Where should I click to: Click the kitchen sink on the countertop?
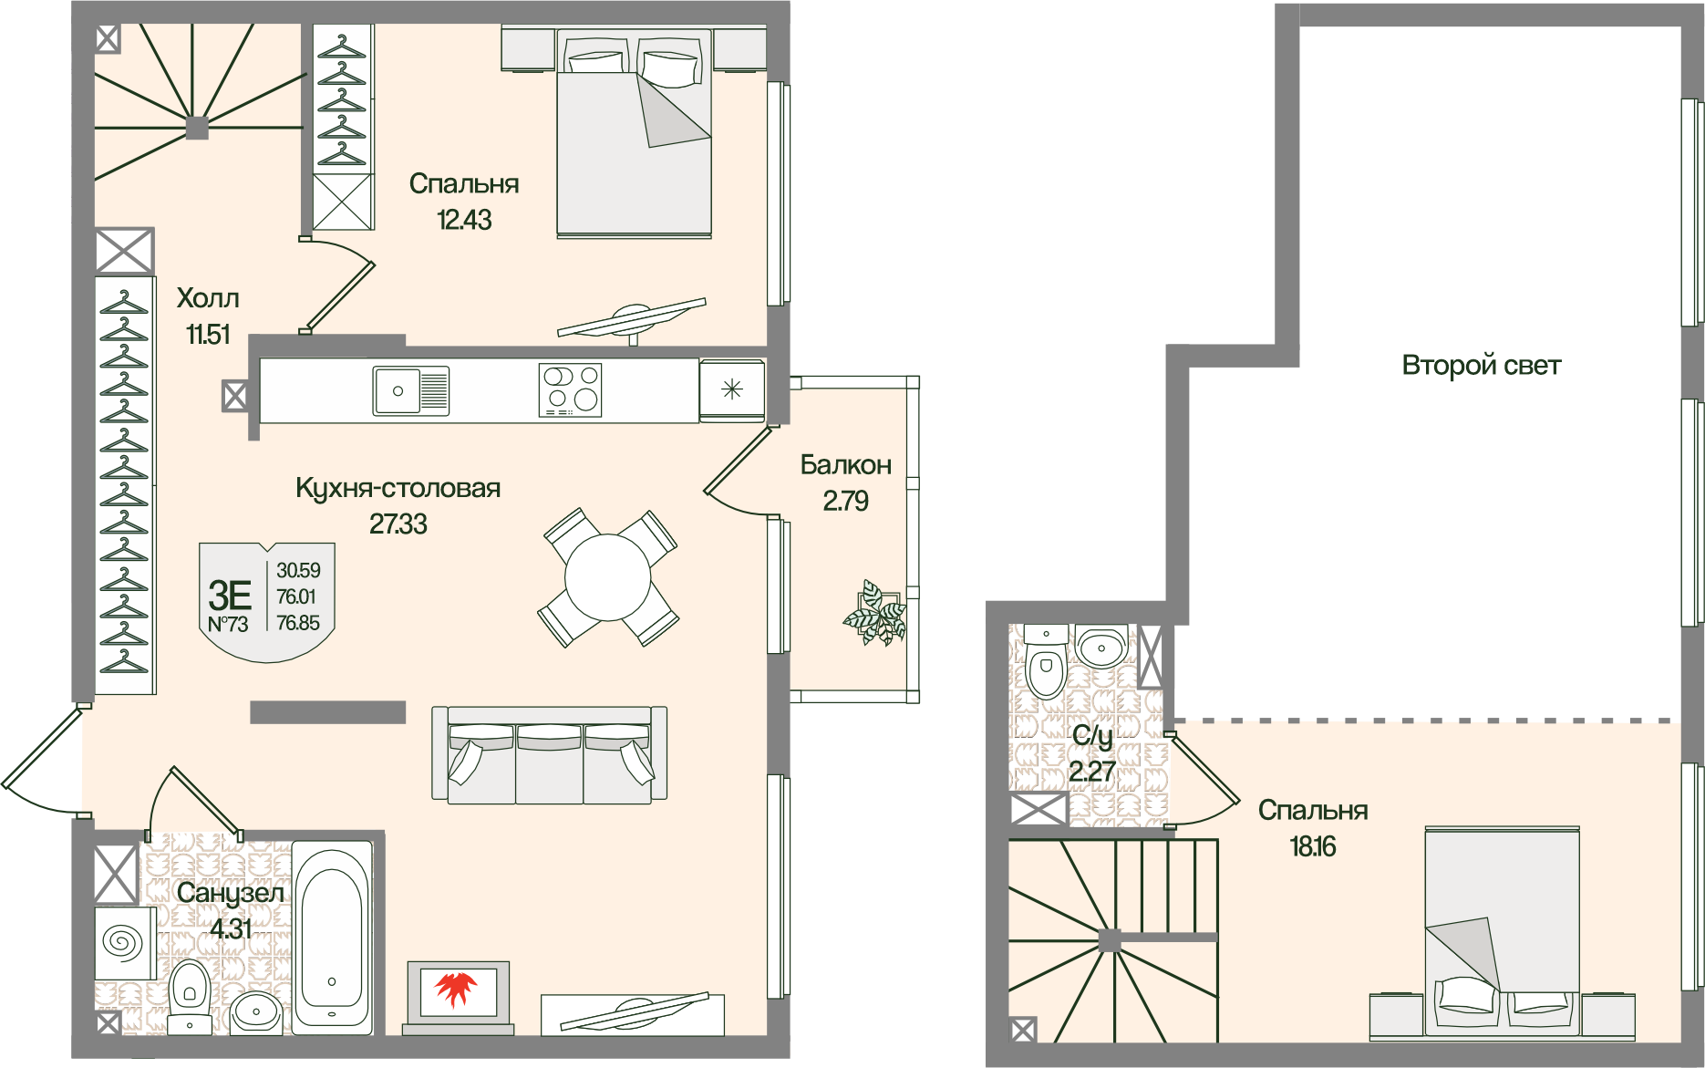pos(411,390)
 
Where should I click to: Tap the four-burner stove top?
pos(570,390)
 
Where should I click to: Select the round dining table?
pos(607,578)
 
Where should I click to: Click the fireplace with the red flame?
pos(459,996)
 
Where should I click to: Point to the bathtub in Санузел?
pos(332,938)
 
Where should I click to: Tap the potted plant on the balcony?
pos(875,614)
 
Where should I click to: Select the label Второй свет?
pos(1481,366)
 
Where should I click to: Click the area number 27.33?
pos(398,524)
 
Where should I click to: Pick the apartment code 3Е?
pos(230,595)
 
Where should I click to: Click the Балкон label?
pos(846,465)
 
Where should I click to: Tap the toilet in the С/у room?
pos(1046,661)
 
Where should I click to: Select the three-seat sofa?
pos(550,755)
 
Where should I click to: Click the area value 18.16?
pos(1313,846)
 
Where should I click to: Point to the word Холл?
pos(208,298)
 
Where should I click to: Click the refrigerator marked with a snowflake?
pos(732,390)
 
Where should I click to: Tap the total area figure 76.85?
pos(298,623)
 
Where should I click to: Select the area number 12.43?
pos(464,220)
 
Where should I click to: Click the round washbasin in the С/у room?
pos(1102,647)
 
